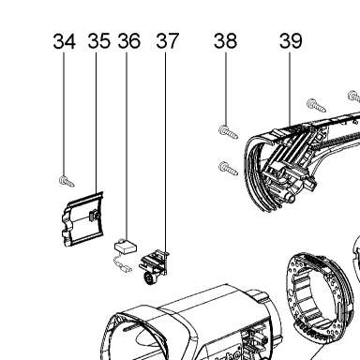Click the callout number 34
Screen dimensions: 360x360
pos(65,41)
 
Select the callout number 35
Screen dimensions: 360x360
pos(99,41)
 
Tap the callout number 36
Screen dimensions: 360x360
pos(129,41)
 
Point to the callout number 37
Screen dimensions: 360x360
pos(168,41)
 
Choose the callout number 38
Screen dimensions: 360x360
pos(225,41)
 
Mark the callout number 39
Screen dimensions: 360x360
pos(291,41)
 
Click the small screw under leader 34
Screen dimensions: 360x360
pos(67,182)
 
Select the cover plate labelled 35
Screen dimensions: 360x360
pos(82,218)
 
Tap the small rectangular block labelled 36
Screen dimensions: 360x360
pos(126,247)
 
